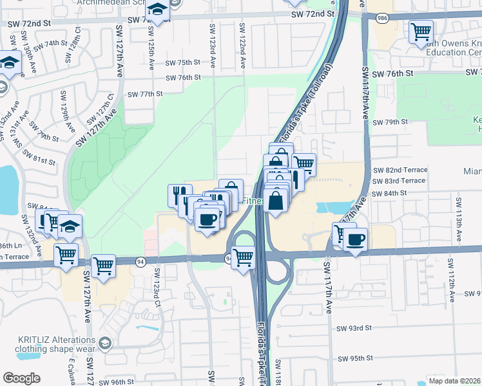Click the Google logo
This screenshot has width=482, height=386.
21,378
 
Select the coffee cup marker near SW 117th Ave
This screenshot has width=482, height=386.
355,240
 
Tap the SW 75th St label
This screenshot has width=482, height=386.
184,63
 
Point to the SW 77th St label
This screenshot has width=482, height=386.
145,94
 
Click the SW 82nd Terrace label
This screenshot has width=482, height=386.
400,170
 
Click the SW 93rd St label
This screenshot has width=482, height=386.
354,327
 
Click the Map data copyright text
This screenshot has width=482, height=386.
455,381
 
